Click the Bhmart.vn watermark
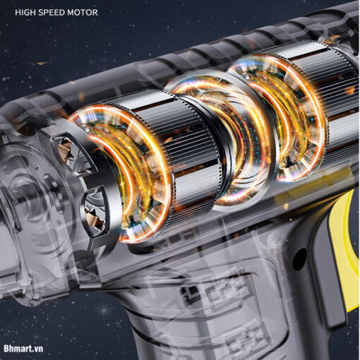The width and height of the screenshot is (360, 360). [23, 349]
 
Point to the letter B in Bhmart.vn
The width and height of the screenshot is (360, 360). [6, 348]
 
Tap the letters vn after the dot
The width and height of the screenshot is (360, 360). [40, 349]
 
